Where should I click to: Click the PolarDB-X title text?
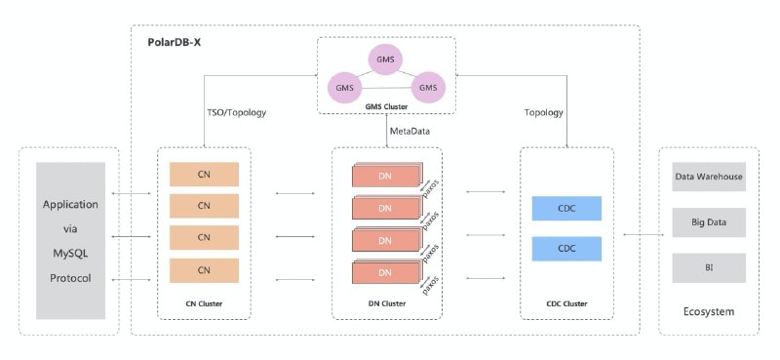coord(175,42)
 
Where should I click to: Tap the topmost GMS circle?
coord(385,60)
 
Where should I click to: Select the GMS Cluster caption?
coord(386,106)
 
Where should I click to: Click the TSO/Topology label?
coord(236,112)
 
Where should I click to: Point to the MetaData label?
coord(409,132)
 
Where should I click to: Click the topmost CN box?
coord(204,175)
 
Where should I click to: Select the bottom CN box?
coord(204,270)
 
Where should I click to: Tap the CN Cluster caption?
coord(204,303)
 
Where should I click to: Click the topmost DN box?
coord(386,176)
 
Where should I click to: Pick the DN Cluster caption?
coord(387,303)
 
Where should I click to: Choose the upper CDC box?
coord(566,209)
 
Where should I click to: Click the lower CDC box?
coord(566,249)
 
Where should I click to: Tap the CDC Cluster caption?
coord(566,303)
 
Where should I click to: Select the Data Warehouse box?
coord(709,177)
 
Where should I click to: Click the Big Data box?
coord(709,222)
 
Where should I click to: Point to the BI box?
coord(709,268)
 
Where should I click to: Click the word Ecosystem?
coord(709,312)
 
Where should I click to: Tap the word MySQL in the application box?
coord(70,254)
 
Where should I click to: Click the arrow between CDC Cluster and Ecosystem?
coord(643,234)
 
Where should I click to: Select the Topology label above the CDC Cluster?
coord(544,112)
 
